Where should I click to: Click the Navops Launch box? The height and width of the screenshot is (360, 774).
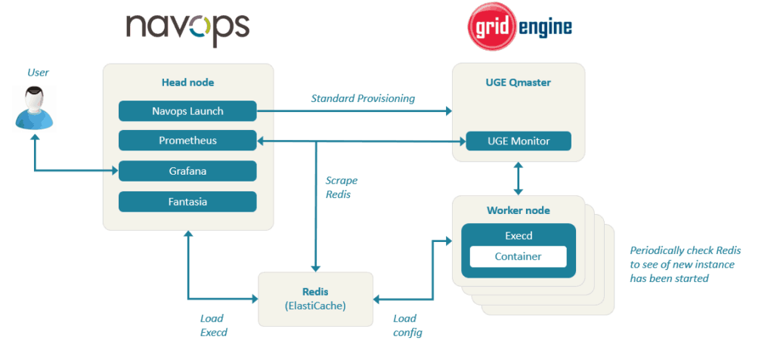point(187,111)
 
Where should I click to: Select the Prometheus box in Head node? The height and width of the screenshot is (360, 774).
point(187,141)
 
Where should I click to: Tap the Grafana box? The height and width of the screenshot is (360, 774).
point(187,171)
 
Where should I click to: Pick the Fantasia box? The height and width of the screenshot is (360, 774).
point(187,202)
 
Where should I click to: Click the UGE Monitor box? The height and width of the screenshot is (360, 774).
point(518,141)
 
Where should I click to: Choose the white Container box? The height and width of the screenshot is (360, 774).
point(518,256)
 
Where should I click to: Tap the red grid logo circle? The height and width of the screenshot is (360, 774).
point(491,29)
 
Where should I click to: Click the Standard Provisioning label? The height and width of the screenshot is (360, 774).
point(362,99)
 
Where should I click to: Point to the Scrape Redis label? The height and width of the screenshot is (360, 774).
point(342,188)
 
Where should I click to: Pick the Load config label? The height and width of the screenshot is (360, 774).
point(407,325)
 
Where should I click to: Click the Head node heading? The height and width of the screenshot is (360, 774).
point(187,82)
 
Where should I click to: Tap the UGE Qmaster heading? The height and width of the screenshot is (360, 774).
point(518,82)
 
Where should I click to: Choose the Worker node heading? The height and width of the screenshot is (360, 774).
point(518,209)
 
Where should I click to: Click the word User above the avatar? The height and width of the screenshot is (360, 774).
point(38,73)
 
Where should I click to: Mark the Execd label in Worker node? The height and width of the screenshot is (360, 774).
point(518,236)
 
